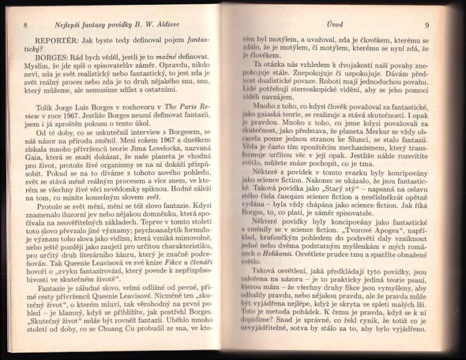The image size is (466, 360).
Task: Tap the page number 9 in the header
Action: coord(427,25)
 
